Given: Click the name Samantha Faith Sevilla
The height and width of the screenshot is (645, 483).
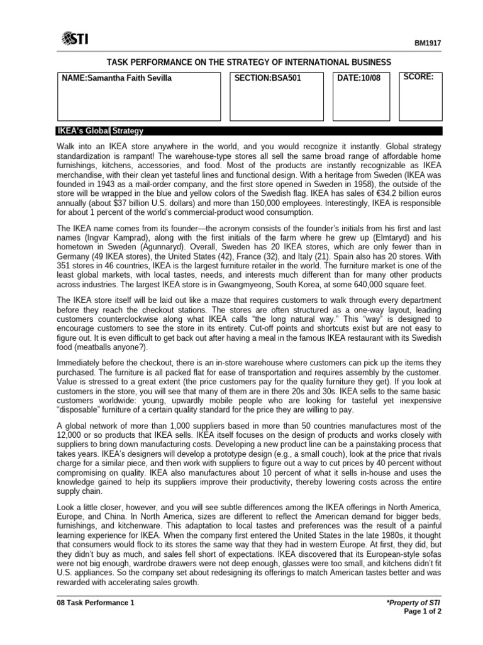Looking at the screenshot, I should [x=116, y=78].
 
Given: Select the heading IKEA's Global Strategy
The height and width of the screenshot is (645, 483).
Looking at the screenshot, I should [x=101, y=131].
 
